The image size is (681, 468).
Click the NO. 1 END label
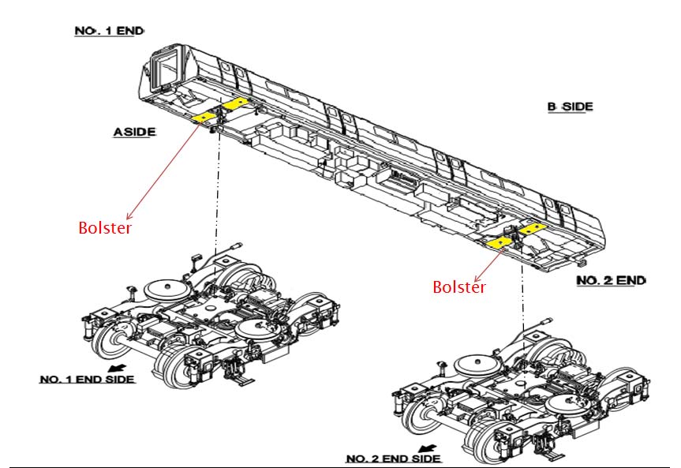110,31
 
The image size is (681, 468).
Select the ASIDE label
134,133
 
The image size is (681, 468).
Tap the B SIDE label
570,107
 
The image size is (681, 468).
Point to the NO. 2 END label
611,281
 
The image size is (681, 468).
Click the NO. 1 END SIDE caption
87,379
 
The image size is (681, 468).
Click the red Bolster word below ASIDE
104,228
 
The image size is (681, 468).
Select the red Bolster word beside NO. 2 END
458,287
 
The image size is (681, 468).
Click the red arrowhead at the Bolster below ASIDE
128,215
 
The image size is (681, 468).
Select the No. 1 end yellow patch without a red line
234,103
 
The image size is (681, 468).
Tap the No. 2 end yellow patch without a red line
530,228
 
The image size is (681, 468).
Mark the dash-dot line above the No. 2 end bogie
522,292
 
